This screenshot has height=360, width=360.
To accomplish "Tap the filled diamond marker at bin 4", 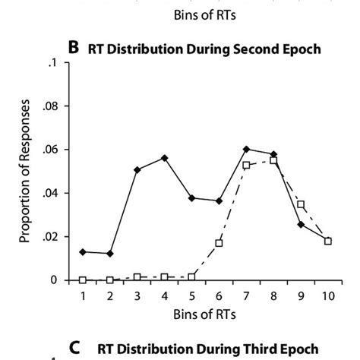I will point(164,157).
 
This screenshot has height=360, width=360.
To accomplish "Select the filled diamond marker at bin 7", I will point(246,149).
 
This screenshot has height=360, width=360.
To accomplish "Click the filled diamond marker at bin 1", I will point(82,251).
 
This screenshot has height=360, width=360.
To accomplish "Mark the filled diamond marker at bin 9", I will point(301,224).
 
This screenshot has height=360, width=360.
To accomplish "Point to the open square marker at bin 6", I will point(219,243).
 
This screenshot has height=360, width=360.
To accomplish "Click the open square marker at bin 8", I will point(273,160).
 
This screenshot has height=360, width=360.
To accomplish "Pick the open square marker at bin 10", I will point(328,241).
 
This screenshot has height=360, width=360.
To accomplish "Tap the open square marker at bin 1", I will point(82,279).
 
